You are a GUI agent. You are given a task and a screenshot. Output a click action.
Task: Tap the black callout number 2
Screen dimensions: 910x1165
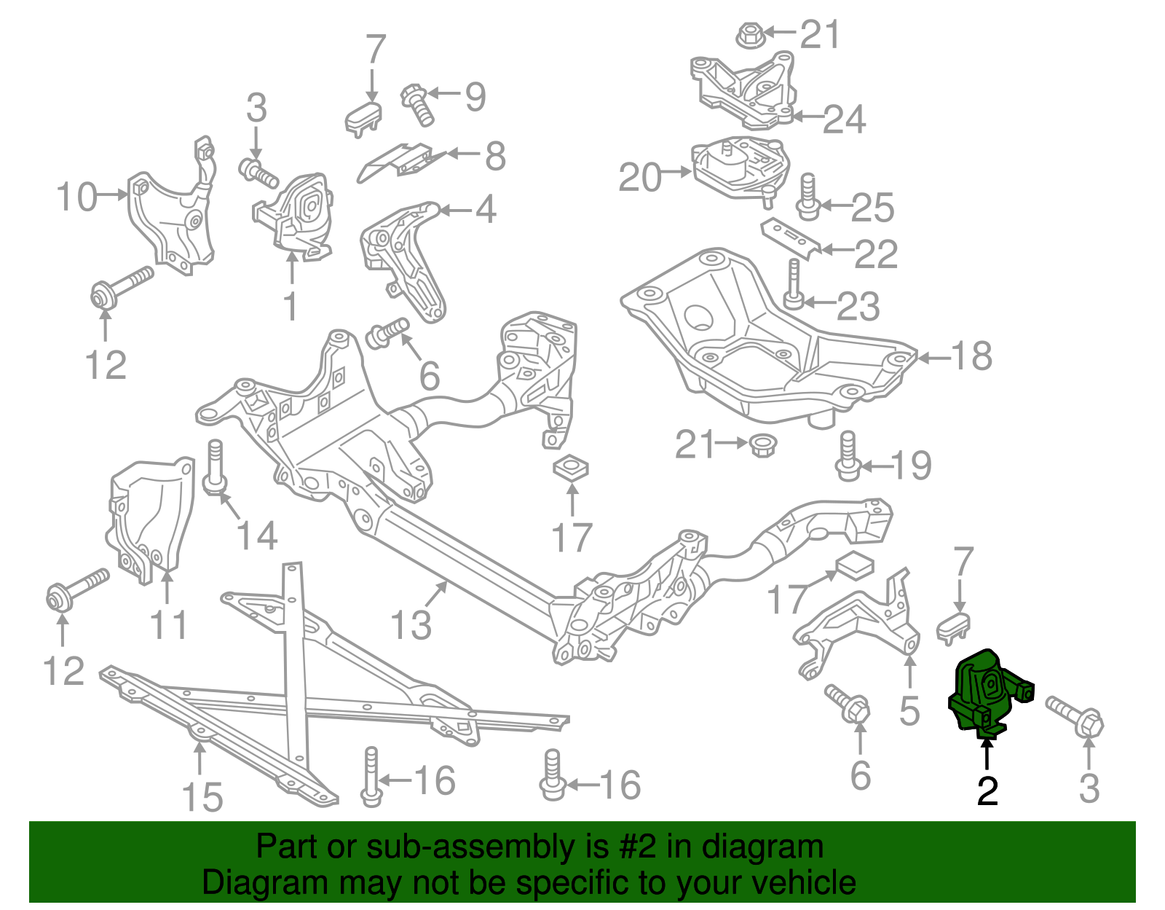(987, 790)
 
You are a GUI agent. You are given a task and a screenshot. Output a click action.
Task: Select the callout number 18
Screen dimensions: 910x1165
(971, 356)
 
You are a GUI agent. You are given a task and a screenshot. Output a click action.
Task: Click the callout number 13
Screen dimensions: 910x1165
(411, 625)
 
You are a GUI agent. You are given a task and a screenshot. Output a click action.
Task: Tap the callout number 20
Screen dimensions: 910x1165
(640, 177)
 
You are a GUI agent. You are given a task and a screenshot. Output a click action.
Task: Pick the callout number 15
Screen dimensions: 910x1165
(202, 796)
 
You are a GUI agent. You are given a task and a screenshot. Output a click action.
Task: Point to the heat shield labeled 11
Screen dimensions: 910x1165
(149, 518)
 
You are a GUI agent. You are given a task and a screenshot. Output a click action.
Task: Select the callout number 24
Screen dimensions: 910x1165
(844, 119)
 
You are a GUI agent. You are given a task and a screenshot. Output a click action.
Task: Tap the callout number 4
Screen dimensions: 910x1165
(486, 210)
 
